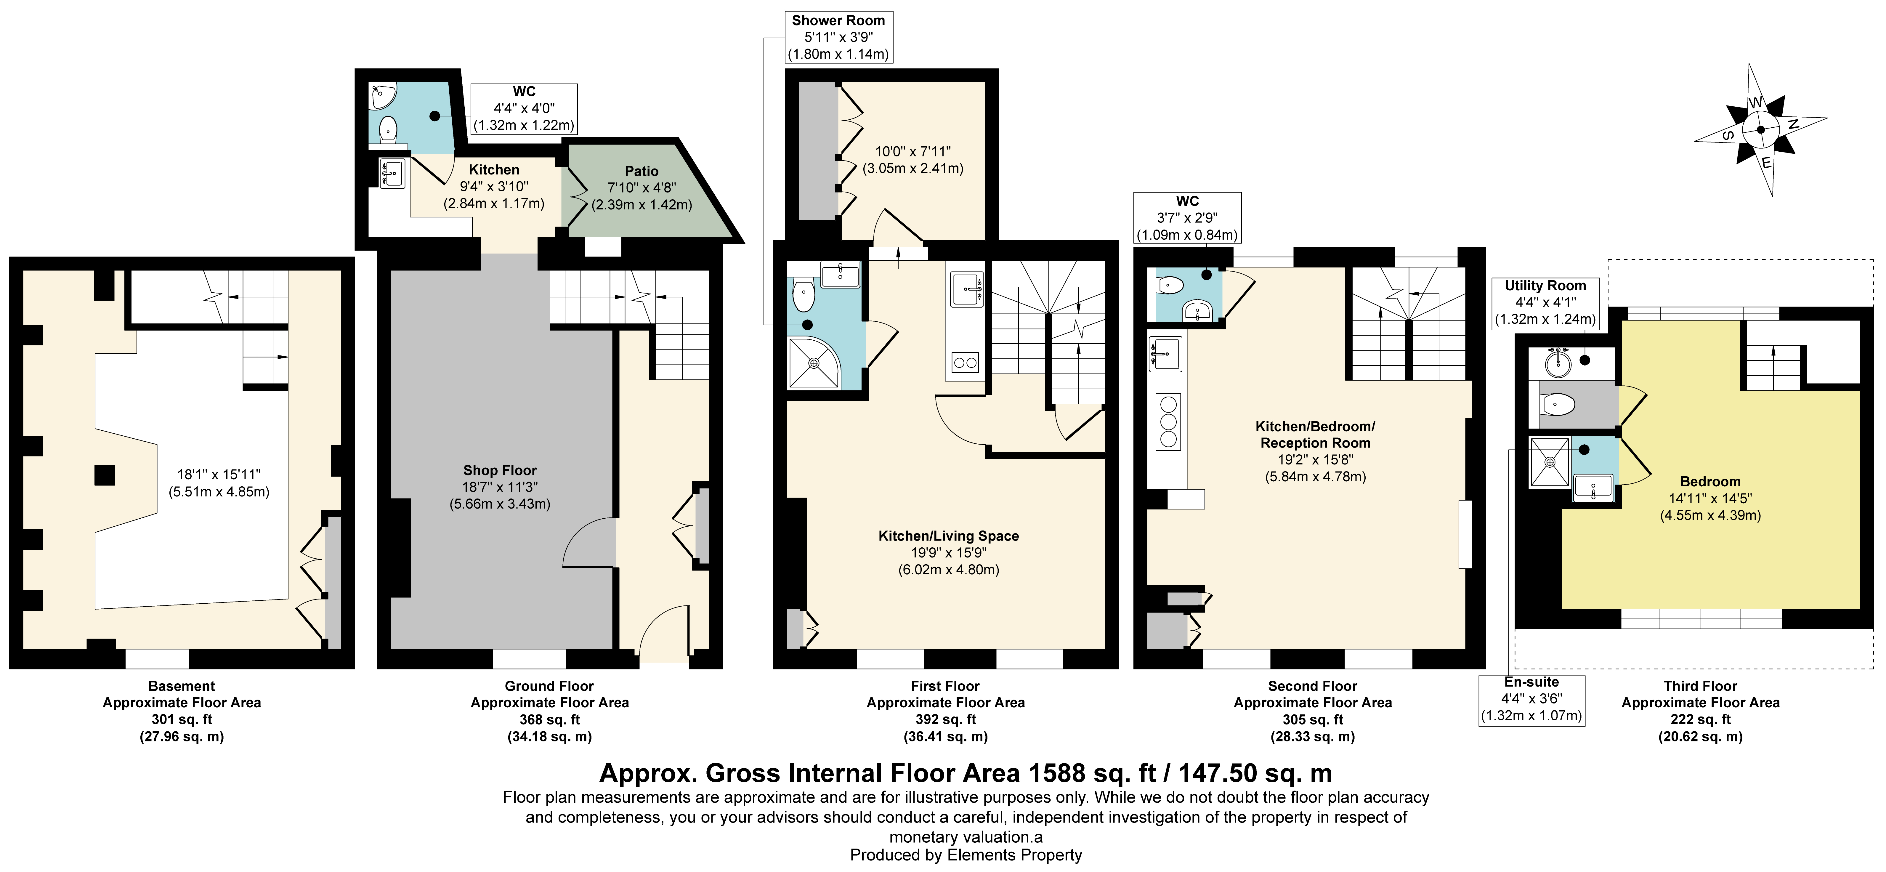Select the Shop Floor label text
pos(500,470)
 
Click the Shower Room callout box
pos(838,37)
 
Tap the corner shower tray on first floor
pos(814,363)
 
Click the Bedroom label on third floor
pos(1710,481)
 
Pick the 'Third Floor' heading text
pos(1700,686)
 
